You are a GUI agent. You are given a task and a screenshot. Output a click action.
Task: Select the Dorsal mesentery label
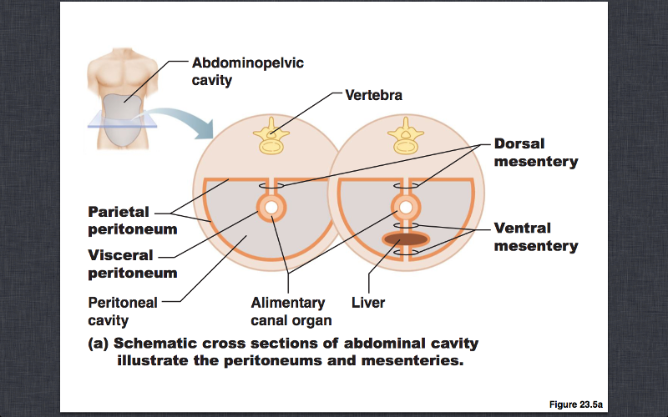tap(535, 152)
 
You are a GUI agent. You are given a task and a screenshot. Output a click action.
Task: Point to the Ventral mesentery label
tap(535, 237)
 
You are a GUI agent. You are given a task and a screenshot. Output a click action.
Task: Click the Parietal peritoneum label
tap(134, 220)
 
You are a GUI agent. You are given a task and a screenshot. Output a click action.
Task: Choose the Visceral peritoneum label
tap(134, 264)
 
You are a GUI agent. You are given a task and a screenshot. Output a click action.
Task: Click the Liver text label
tap(368, 303)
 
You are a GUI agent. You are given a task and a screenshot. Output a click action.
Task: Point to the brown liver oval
tap(405, 239)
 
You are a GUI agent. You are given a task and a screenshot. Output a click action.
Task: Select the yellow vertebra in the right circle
tap(406, 136)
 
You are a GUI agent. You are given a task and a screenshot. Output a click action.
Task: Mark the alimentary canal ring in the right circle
tap(405, 207)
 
